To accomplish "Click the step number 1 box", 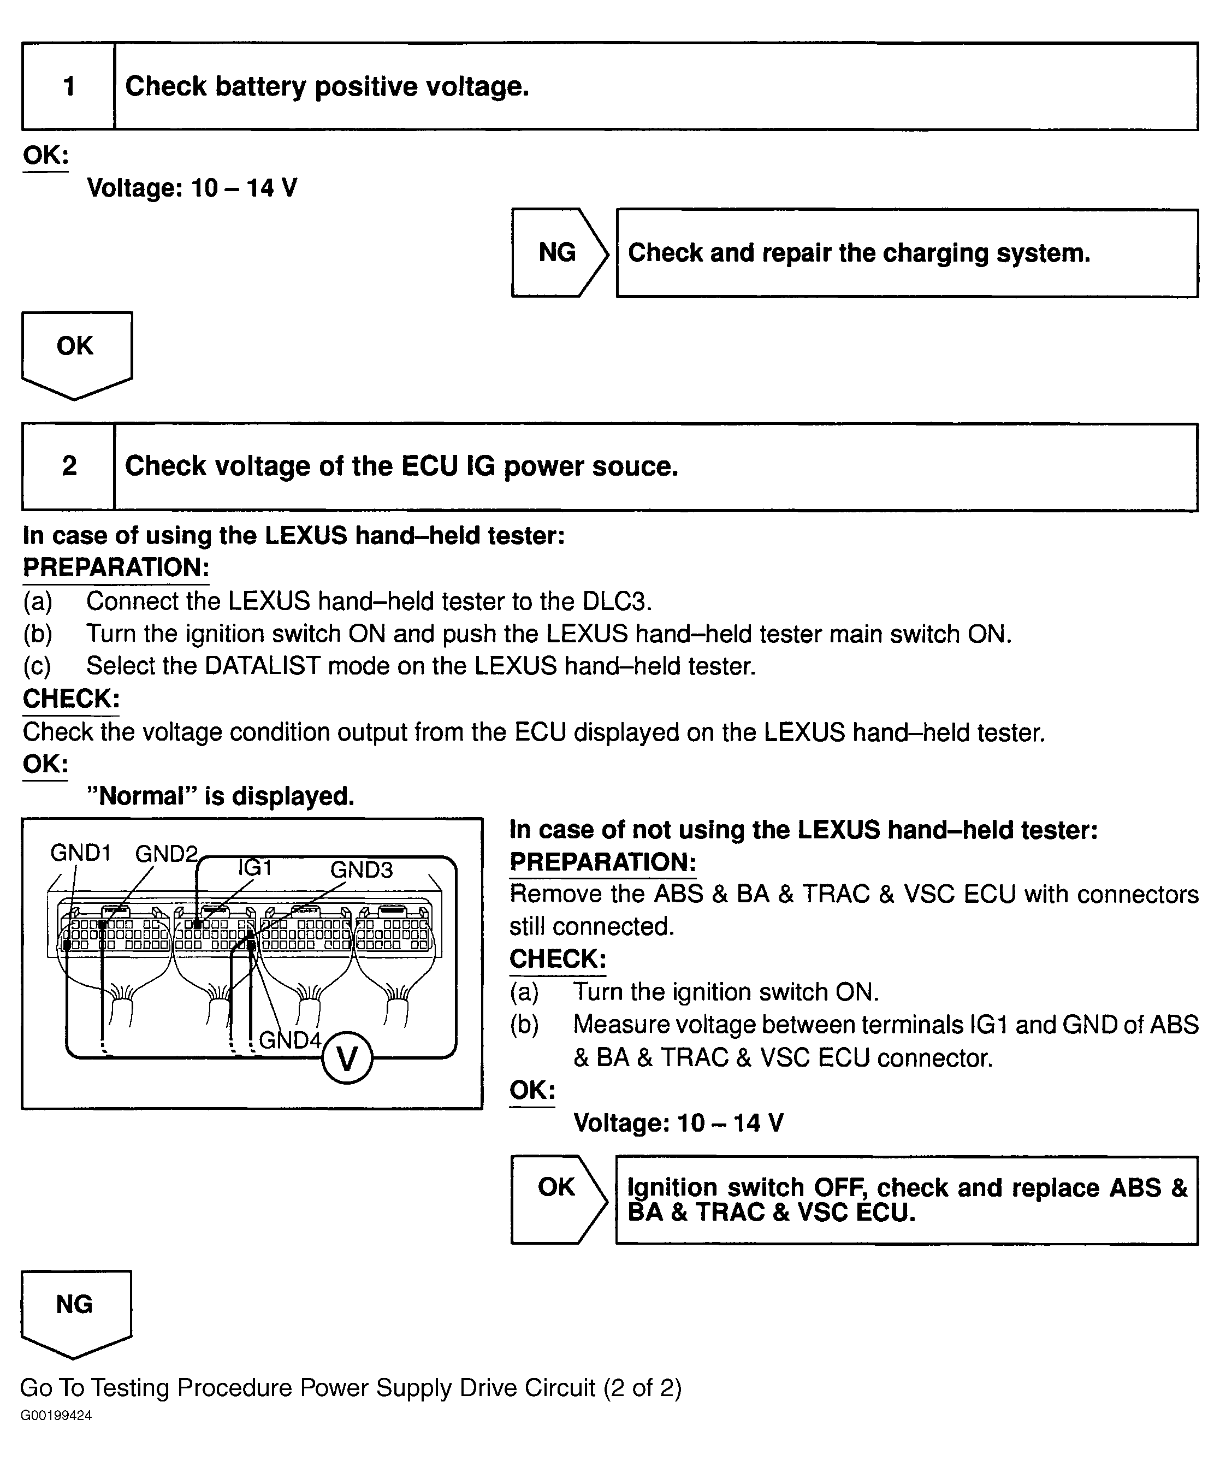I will [69, 87].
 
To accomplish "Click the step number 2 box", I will [69, 466].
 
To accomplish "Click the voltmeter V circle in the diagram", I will [347, 1059].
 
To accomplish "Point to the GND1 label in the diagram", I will [81, 853].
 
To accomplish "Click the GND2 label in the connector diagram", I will [166, 854].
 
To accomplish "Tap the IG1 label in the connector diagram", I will [254, 867].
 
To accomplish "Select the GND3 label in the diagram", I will [361, 869].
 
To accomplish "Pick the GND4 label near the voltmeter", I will [290, 1040].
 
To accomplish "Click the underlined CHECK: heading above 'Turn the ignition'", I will [558, 959].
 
